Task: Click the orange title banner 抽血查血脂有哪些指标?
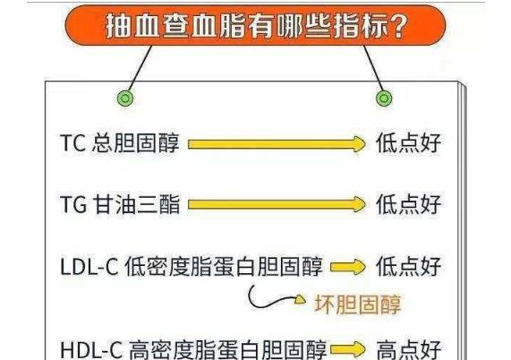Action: tap(255, 25)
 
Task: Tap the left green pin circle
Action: tap(125, 98)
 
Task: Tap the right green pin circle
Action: tap(384, 98)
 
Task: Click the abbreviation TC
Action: tap(73, 142)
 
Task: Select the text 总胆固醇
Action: tap(135, 142)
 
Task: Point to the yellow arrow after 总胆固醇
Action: tap(277, 144)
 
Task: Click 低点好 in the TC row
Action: tap(409, 142)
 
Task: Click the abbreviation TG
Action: tap(73, 204)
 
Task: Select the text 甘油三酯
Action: tap(137, 204)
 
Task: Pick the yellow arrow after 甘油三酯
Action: tap(277, 205)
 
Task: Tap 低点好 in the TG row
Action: tap(409, 204)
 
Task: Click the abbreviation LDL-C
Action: tap(89, 266)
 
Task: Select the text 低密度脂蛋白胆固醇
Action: tap(224, 266)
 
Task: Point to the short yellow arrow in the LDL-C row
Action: tap(348, 267)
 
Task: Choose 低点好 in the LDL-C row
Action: tap(409, 266)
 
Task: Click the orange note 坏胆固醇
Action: tap(357, 304)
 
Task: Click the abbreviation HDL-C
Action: tap(91, 350)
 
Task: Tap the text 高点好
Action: tap(409, 350)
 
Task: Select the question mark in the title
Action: tap(399, 26)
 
